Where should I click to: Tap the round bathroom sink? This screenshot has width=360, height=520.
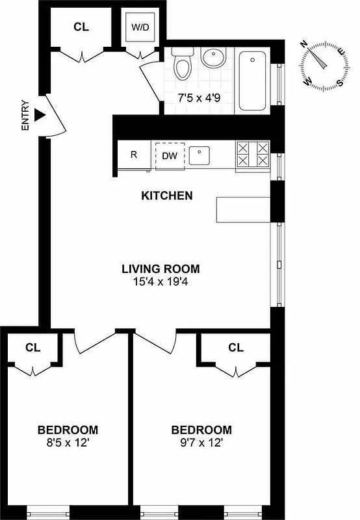(213, 58)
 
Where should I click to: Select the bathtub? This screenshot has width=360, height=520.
(253, 81)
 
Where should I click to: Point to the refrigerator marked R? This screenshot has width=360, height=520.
(134, 155)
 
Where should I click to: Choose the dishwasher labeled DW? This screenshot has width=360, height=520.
(170, 155)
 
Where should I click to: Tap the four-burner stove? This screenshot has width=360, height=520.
(252, 155)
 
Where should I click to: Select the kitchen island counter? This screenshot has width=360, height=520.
(242, 209)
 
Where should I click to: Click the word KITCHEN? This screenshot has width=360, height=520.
(167, 195)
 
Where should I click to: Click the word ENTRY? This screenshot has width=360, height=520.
(25, 115)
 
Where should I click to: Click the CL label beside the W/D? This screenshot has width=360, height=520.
(81, 27)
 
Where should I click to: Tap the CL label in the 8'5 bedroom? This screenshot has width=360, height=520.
(33, 348)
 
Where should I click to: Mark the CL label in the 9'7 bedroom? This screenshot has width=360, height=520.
(235, 348)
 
